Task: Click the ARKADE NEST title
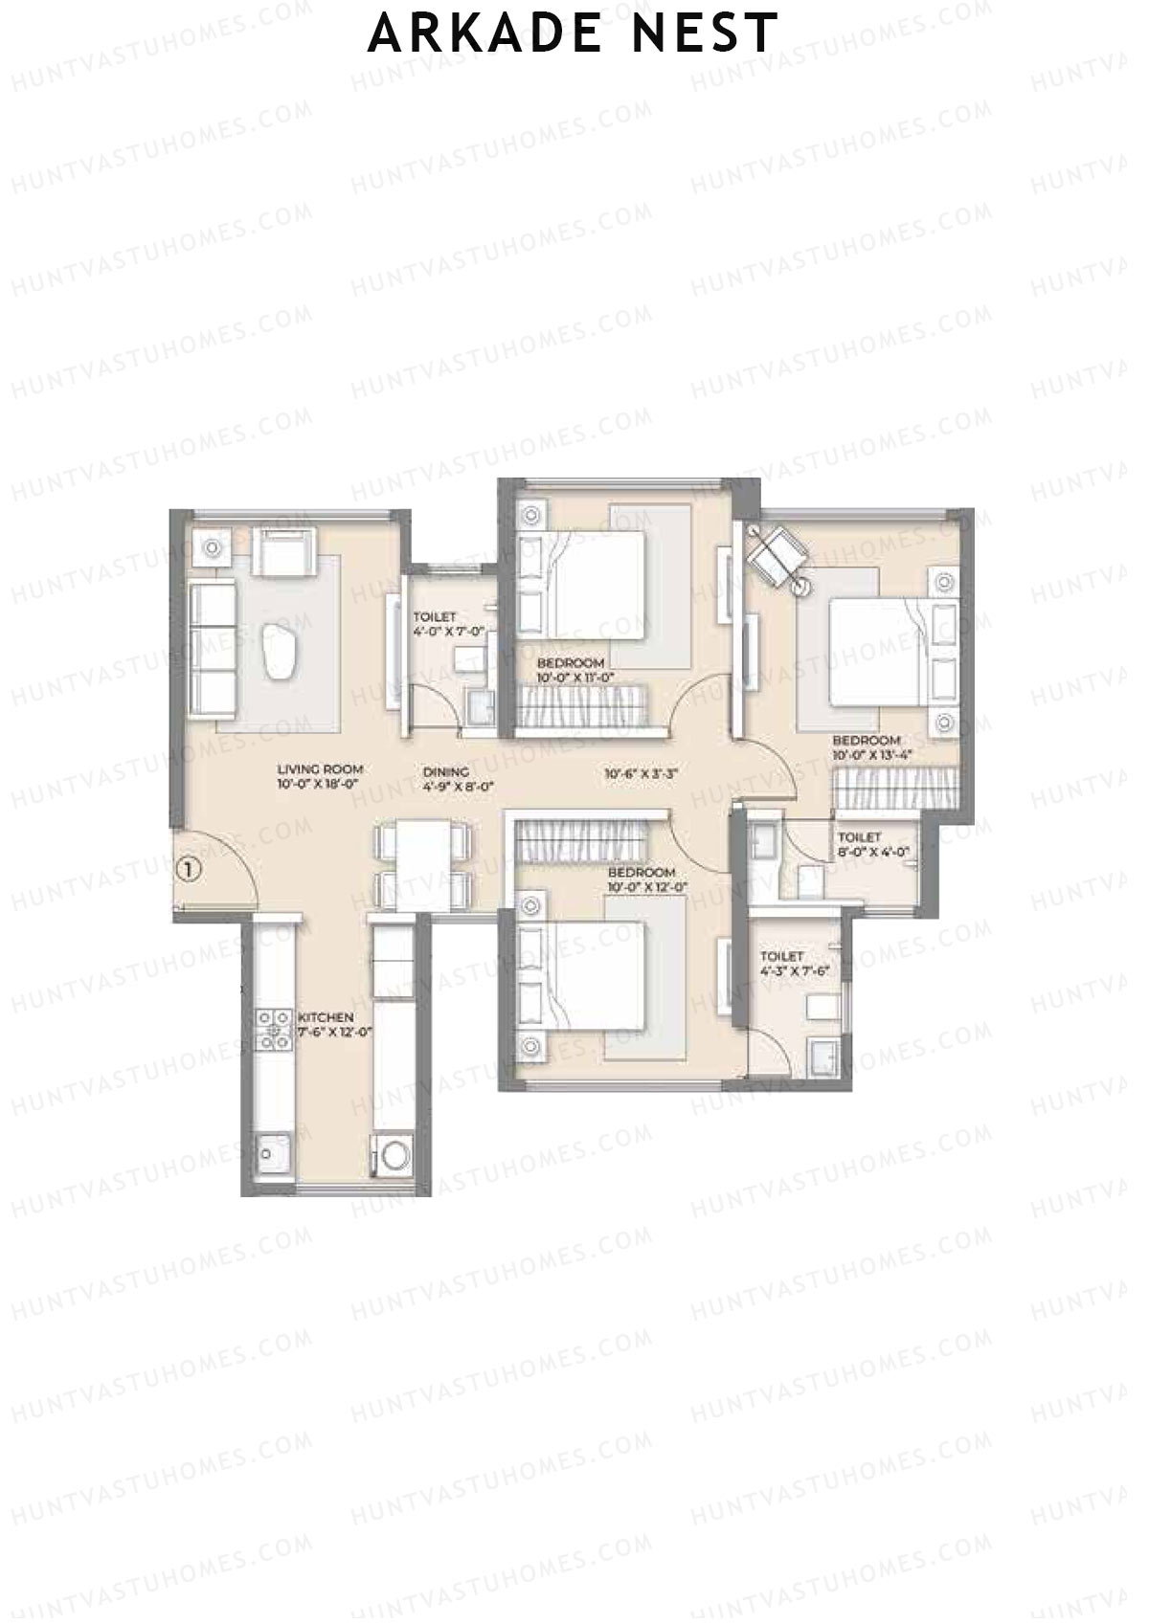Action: tap(573, 34)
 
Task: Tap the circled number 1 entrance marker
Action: tap(190, 870)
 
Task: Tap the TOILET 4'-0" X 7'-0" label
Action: tap(449, 624)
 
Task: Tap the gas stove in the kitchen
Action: tap(276, 1030)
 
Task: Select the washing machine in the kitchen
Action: tap(392, 1154)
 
